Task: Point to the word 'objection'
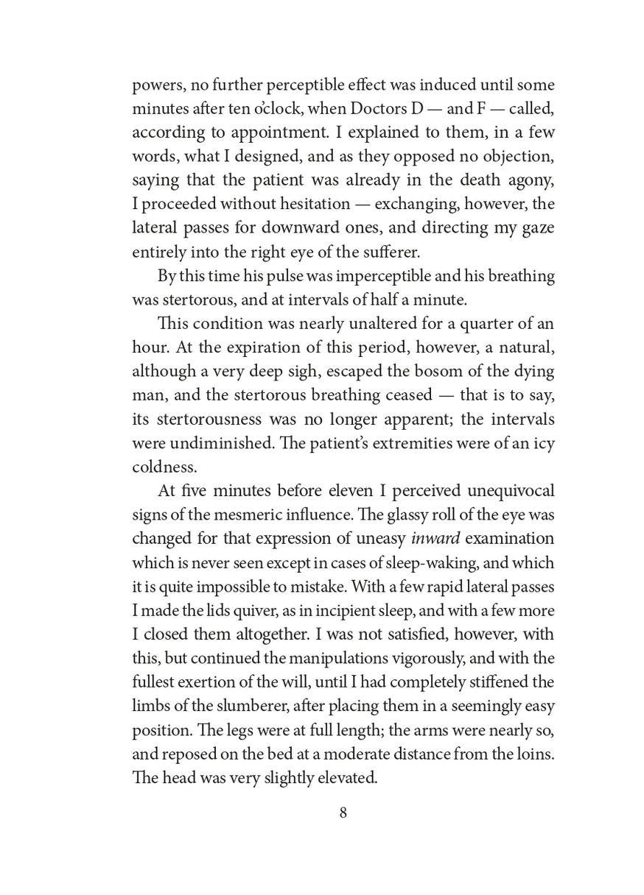[x=517, y=157]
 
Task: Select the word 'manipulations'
[x=331, y=657]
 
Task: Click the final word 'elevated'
[x=340, y=775]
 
